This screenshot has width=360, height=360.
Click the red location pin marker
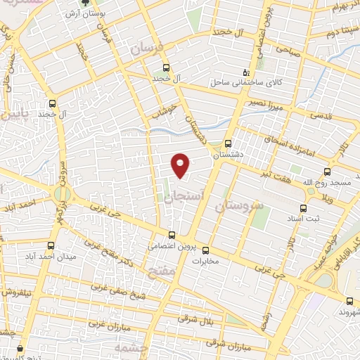181,165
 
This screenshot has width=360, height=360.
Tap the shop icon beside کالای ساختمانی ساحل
245,71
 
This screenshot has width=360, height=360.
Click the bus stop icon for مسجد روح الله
327,172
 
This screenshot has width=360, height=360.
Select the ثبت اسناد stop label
305,219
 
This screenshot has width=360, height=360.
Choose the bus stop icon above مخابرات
206,250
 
